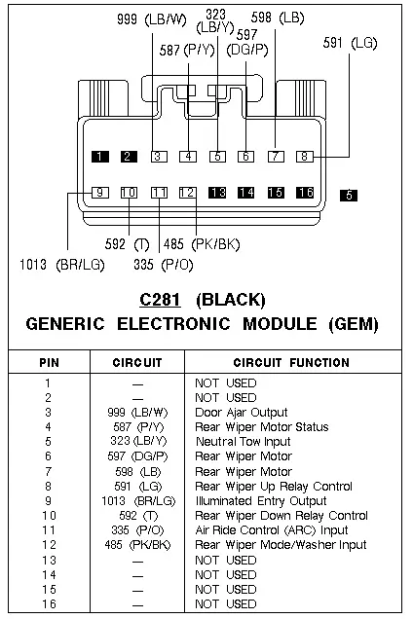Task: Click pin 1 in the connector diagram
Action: (100, 157)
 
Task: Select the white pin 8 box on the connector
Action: (304, 157)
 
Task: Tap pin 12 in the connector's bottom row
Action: (188, 193)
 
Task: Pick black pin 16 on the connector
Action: (305, 193)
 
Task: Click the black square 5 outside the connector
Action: (349, 196)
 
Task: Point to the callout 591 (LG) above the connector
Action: (350, 43)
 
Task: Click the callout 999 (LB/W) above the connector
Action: (152, 18)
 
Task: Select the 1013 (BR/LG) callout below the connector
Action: (62, 265)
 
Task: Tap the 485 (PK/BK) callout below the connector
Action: (202, 244)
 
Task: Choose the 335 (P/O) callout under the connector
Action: (164, 265)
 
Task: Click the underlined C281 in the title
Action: (161, 300)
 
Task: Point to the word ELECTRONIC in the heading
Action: (173, 324)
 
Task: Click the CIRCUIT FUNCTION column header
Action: (291, 362)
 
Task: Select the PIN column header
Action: (49, 362)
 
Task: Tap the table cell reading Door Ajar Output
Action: (242, 413)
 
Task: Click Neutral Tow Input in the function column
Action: (244, 441)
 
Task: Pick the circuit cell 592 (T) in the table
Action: (138, 516)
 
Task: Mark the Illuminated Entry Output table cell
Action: (261, 501)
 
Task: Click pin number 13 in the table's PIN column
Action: (49, 561)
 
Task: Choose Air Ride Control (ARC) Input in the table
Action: (272, 530)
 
